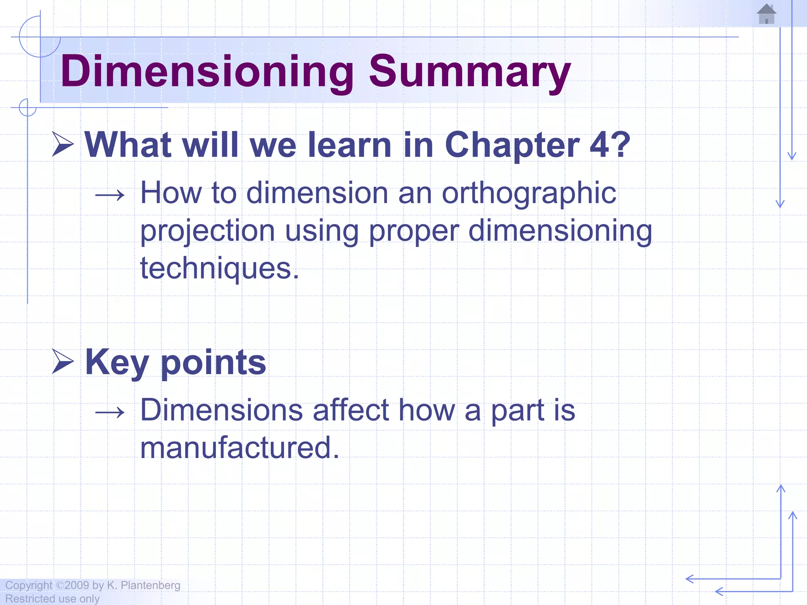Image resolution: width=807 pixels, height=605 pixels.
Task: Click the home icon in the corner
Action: coord(766,14)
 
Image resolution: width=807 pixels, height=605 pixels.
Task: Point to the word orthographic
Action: coord(529,193)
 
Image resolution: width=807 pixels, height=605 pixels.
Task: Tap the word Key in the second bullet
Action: coord(117,362)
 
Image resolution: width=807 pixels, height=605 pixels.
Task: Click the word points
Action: coord(213,363)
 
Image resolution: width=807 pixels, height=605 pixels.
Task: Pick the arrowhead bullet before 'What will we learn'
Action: coord(63,144)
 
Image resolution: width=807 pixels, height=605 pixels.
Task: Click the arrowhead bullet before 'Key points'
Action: coord(63,362)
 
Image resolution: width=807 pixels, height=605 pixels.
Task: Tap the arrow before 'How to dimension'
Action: coord(110,195)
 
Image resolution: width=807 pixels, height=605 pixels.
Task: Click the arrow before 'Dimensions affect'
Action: coord(110,412)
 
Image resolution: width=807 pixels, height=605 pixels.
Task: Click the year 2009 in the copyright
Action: coord(77,585)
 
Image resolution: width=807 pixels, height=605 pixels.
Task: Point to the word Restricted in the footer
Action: coord(30,599)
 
